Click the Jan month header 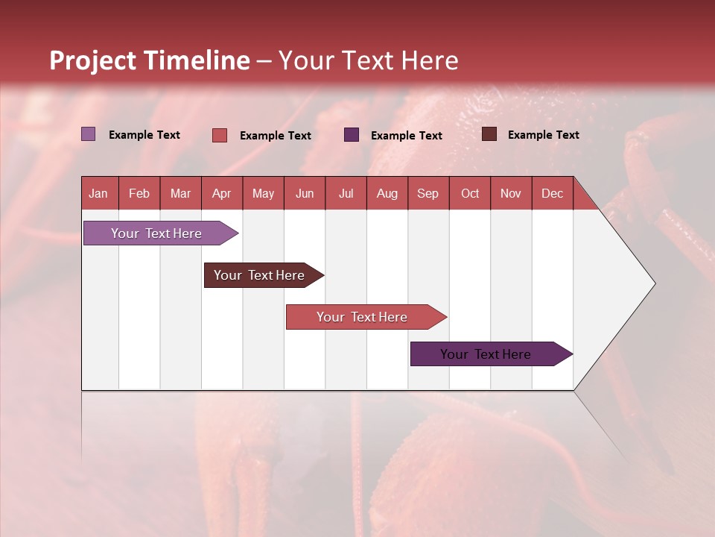pyautogui.click(x=98, y=193)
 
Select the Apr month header pyautogui.click(x=221, y=193)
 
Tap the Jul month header pyautogui.click(x=346, y=193)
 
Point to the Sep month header pyautogui.click(x=428, y=193)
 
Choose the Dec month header pyautogui.click(x=552, y=193)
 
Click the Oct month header pyautogui.click(x=470, y=193)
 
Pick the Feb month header pyautogui.click(x=139, y=193)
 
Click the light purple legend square pyautogui.click(x=88, y=134)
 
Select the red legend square pyautogui.click(x=220, y=135)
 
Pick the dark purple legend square pyautogui.click(x=352, y=135)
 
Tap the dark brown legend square pyautogui.click(x=489, y=134)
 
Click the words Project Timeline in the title pyautogui.click(x=150, y=60)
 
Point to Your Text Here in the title pyautogui.click(x=368, y=60)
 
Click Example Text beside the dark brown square pyautogui.click(x=543, y=135)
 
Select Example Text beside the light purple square pyautogui.click(x=144, y=135)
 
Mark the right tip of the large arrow pyautogui.click(x=654, y=283)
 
